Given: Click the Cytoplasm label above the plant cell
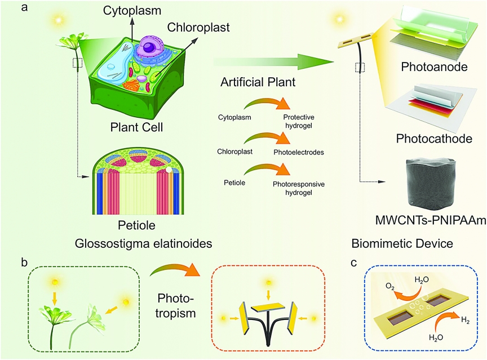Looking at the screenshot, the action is tap(132, 11).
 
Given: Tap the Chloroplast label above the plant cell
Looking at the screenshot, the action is tap(198, 27).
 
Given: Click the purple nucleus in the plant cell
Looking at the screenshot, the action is tap(150, 47).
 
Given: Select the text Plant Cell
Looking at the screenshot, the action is tap(136, 127).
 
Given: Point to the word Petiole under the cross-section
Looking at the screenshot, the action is tap(136, 225).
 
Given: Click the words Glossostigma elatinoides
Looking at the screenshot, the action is tap(144, 243).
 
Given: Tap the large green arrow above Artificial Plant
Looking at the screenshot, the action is tap(273, 61).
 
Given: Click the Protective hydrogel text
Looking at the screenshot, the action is tap(299, 121).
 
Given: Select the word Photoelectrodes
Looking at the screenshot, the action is tap(299, 152).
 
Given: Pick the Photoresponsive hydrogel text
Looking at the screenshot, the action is tap(299, 188).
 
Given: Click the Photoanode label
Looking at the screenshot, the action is tap(434, 66).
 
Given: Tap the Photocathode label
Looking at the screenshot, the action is tap(434, 139).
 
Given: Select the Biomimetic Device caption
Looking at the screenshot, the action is tap(402, 243).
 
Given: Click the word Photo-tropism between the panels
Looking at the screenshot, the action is tap(175, 306).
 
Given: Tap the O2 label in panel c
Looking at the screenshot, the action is tap(390, 286).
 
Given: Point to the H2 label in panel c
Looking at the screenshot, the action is tap(465, 320).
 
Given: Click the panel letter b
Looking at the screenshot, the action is tap(24, 262).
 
